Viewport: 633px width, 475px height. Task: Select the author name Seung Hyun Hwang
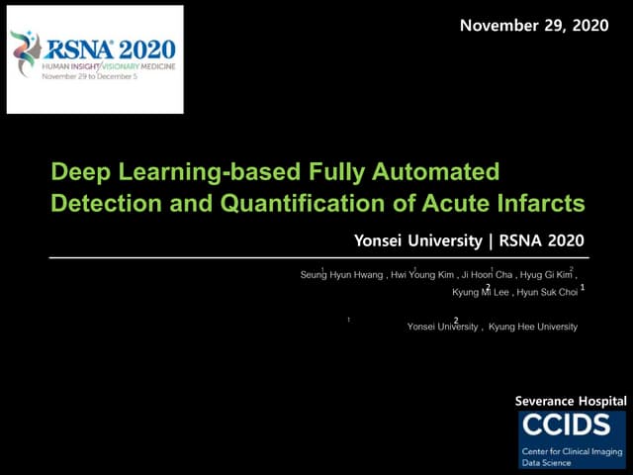pyautogui.click(x=342, y=275)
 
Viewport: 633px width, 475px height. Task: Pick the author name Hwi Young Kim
pyautogui.click(x=423, y=275)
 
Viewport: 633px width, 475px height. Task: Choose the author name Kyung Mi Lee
pyautogui.click(x=481, y=293)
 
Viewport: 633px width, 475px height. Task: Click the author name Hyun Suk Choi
pyautogui.click(x=546, y=293)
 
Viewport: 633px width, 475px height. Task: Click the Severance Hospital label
pyautogui.click(x=571, y=401)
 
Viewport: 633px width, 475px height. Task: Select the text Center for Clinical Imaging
pyautogui.click(x=573, y=450)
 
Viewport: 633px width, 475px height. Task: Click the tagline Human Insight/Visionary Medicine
pyautogui.click(x=108, y=66)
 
